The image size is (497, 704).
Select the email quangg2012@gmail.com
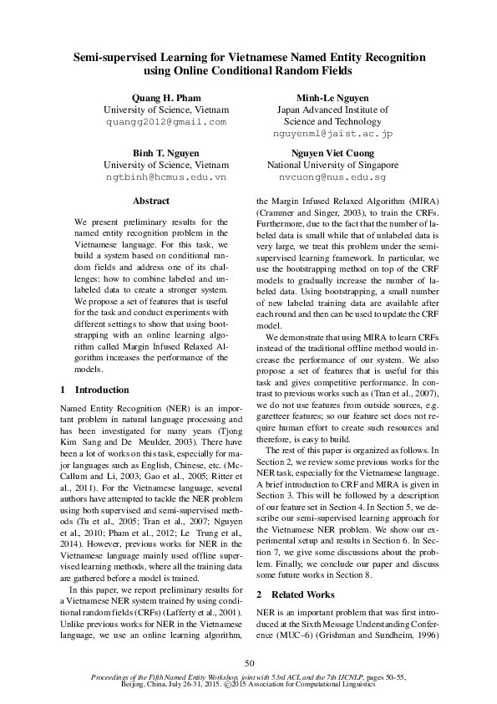165,121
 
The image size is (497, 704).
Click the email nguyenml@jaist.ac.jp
332,133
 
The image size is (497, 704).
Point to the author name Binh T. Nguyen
165,154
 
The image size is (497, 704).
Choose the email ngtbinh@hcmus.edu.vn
165,177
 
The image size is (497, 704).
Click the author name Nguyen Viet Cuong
332,154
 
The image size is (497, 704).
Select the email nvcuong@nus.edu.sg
332,177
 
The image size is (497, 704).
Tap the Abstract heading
151,202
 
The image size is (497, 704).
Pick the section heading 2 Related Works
296,594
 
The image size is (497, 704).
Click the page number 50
249,663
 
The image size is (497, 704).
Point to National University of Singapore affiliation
332,166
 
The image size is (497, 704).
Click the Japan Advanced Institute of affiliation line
332,110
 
